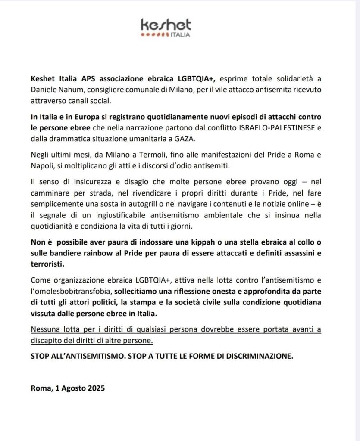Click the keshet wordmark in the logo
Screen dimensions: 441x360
(x=166, y=24)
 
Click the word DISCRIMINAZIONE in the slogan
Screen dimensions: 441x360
(x=262, y=357)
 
